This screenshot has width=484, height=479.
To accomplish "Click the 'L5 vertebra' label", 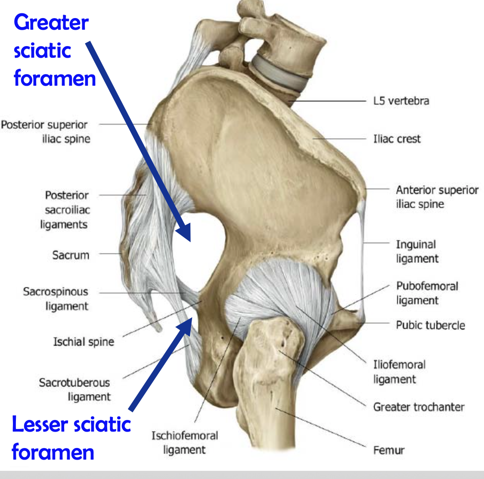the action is pos(401,101).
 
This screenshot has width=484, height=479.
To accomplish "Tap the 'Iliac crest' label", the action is pos(397,139).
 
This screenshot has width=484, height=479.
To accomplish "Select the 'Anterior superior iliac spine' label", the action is pos(437,197).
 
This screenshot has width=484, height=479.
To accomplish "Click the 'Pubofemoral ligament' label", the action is pos(427,293).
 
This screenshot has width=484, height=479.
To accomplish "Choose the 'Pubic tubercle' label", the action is pos(430,325).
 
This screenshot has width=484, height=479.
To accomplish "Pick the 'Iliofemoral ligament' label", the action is pos(399,372).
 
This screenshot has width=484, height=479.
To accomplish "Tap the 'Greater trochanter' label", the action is pos(419,407).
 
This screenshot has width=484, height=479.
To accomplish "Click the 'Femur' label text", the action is pos(389,451).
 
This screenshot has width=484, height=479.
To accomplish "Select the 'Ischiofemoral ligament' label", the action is pos(184,442).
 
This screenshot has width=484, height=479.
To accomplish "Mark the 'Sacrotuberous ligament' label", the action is pos(74,389).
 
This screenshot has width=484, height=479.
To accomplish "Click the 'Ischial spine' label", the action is pos(84,342).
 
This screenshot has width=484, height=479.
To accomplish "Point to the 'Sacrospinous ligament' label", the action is pos(56,299).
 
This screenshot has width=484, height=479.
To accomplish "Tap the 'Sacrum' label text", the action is pos(71,255).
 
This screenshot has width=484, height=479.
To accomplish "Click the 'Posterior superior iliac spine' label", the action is pos(45,131).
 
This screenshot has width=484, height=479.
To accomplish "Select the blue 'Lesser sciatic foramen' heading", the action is pos(71,438).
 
